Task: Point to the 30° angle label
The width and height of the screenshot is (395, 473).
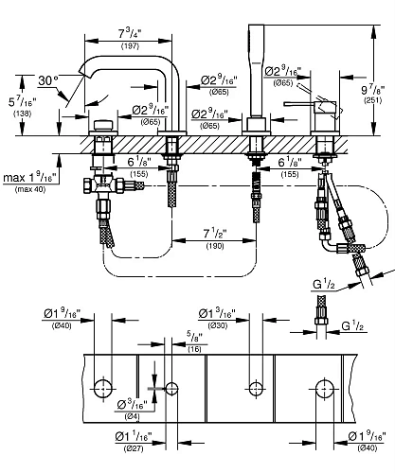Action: [47, 80]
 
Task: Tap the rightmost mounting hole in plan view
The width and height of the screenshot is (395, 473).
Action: [325, 388]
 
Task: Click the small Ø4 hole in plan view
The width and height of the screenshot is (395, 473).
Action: [171, 388]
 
